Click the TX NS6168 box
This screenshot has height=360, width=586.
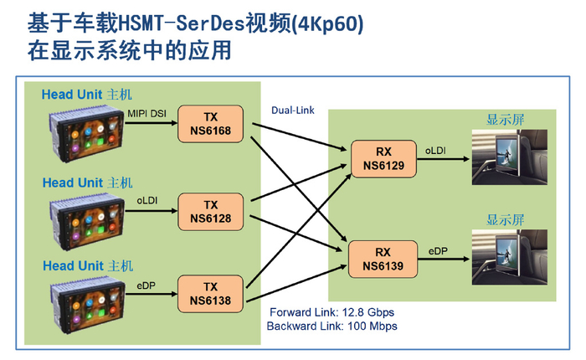[210, 125]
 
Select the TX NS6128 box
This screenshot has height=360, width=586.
[210, 211]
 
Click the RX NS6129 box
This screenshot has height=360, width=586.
[383, 160]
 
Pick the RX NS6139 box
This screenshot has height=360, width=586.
[383, 258]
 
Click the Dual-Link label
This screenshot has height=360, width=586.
[292, 110]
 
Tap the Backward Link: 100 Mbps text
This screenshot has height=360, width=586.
[331, 326]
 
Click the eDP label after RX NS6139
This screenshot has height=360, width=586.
[439, 249]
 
